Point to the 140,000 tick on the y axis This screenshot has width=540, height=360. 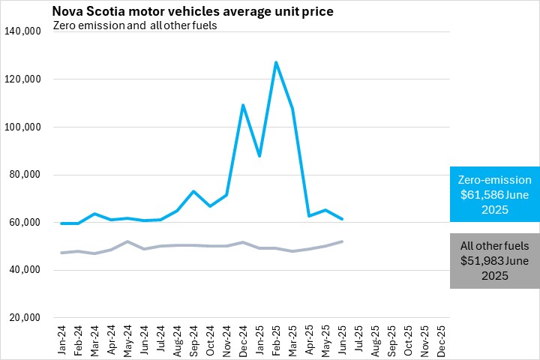[27, 31]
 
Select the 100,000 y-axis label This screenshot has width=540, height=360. [27, 127]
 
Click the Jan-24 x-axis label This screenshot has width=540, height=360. [61, 337]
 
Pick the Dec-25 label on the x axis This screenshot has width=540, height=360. [440, 337]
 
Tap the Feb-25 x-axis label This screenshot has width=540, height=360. [275, 337]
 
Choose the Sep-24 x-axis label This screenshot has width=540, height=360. [193, 337]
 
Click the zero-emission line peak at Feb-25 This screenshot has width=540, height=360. [276, 62]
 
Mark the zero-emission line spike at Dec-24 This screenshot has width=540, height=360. [243, 105]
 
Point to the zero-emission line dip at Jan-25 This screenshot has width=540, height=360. [259, 156]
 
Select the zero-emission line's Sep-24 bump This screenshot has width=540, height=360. [193, 191]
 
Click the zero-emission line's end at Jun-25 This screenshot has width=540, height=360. [342, 219]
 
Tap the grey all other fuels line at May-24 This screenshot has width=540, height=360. [127, 241]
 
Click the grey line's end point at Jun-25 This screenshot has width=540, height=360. [342, 241]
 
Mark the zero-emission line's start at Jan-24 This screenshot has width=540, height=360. [61, 223]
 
